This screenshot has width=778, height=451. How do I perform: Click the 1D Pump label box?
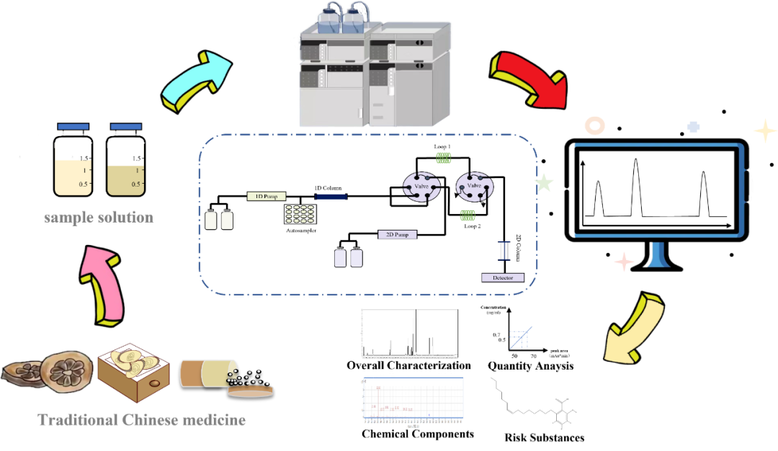point(267,196)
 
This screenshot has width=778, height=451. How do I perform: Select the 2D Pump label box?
point(398,234)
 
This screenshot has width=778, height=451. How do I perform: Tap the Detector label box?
point(502,277)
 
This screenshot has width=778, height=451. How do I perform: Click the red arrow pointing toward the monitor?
point(529,78)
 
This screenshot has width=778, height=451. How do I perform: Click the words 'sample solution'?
point(99,217)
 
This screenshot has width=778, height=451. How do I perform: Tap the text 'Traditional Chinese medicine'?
point(141,420)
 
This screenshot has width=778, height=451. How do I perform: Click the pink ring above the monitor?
point(594,126)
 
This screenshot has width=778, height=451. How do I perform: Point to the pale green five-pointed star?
point(545,183)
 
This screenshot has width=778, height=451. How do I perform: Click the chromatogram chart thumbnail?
point(412,400)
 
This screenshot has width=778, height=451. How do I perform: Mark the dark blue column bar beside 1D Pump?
point(331,196)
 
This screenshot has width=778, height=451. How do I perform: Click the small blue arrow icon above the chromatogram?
point(520,338)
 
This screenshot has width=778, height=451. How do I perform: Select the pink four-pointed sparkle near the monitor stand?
point(623,261)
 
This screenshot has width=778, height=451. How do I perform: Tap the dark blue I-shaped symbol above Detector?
point(505,250)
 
